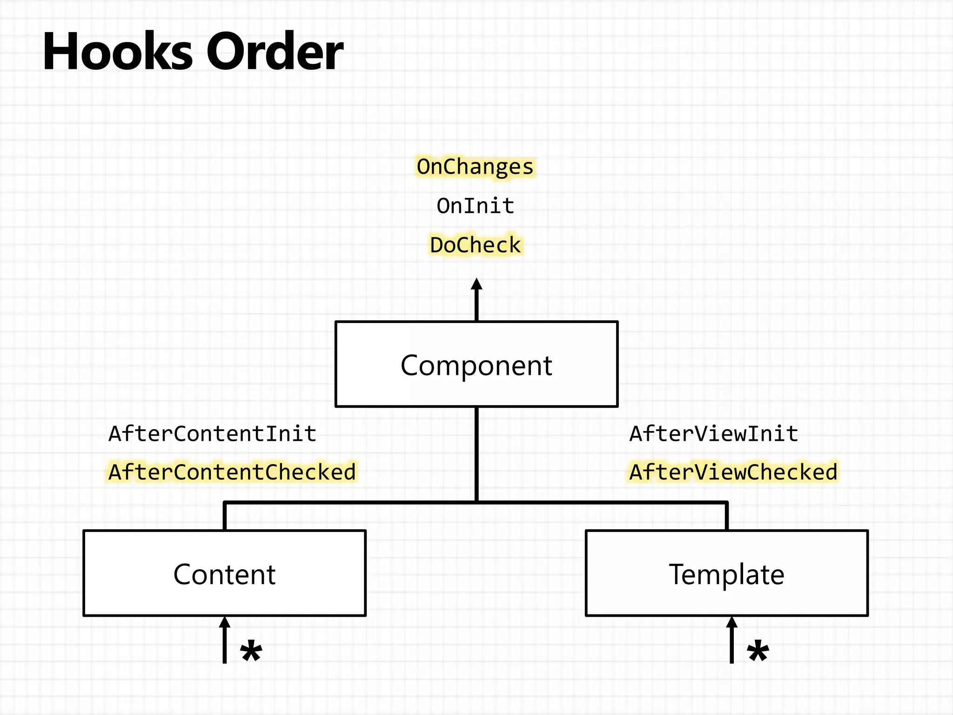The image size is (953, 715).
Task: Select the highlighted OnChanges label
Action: tap(475, 167)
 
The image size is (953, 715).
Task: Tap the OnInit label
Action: tap(475, 206)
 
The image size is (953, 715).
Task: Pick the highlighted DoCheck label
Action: tap(475, 245)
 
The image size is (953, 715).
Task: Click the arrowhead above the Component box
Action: tap(476, 284)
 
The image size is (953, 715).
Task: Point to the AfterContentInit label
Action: tap(212, 434)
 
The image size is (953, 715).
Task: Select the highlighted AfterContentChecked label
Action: tap(232, 472)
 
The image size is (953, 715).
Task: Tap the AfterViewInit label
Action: tap(714, 434)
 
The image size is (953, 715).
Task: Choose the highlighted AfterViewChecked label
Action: tap(733, 472)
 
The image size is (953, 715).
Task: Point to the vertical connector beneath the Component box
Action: tap(476, 454)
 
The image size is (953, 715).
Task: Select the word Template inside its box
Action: tap(726, 574)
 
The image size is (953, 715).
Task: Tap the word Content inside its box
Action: tap(224, 574)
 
